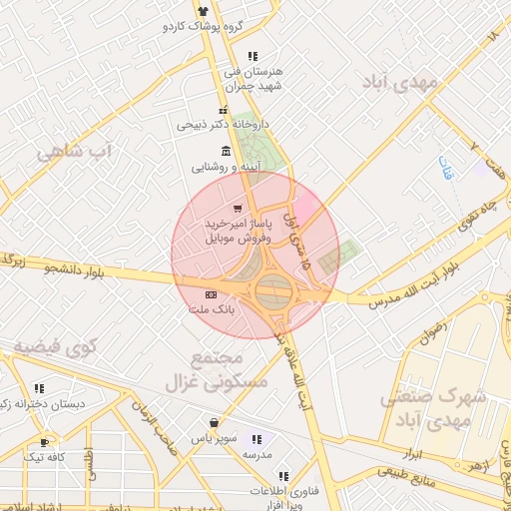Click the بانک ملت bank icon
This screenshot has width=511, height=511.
[x=210, y=295]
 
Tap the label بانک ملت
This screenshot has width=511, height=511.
[x=212, y=310]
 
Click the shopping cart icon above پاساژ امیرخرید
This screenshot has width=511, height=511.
[x=237, y=208]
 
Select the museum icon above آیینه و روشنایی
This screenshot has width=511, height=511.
[x=228, y=152]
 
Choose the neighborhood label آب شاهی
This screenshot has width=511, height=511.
[x=76, y=152]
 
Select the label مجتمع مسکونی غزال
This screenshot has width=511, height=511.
[x=230, y=369]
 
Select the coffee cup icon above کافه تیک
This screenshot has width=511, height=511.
[x=44, y=442]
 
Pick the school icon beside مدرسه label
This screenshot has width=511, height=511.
[x=257, y=439]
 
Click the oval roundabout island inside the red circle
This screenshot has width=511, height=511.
[x=273, y=292]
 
